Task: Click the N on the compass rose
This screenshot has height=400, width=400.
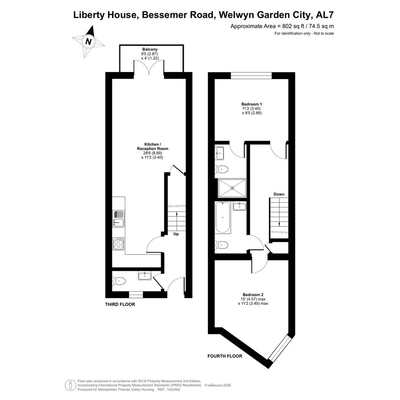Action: [88, 41]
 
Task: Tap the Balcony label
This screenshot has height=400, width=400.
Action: [150, 49]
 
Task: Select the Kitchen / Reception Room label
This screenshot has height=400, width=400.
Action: [152, 146]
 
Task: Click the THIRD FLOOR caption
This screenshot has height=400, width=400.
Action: [120, 304]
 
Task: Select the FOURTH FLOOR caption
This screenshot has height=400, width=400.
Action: [225, 356]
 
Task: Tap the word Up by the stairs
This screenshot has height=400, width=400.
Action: [176, 234]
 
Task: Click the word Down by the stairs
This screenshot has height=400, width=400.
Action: [279, 194]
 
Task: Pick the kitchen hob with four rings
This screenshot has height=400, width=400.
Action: [119, 244]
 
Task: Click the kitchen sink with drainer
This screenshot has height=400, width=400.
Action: [119, 218]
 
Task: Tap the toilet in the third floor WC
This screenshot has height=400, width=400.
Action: [119, 281]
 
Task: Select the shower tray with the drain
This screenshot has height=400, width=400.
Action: [232, 188]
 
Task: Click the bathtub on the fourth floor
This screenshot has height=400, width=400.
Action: [223, 217]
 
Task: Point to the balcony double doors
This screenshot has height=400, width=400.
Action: [149, 68]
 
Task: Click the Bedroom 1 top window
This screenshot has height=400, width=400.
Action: [251, 76]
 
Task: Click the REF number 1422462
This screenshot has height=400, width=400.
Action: [173, 389]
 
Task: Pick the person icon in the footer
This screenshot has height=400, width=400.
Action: [70, 386]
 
